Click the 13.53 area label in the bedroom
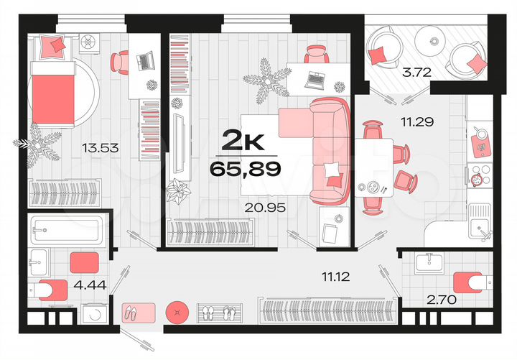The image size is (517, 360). pyautogui.click(x=101, y=149)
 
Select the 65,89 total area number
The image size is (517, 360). pyautogui.click(x=244, y=170)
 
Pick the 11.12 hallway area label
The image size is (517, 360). pyautogui.click(x=336, y=274)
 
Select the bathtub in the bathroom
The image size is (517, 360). pyautogui.click(x=65, y=230)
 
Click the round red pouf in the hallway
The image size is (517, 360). pyautogui.click(x=176, y=313)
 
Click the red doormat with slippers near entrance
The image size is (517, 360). pyautogui.click(x=139, y=313)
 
